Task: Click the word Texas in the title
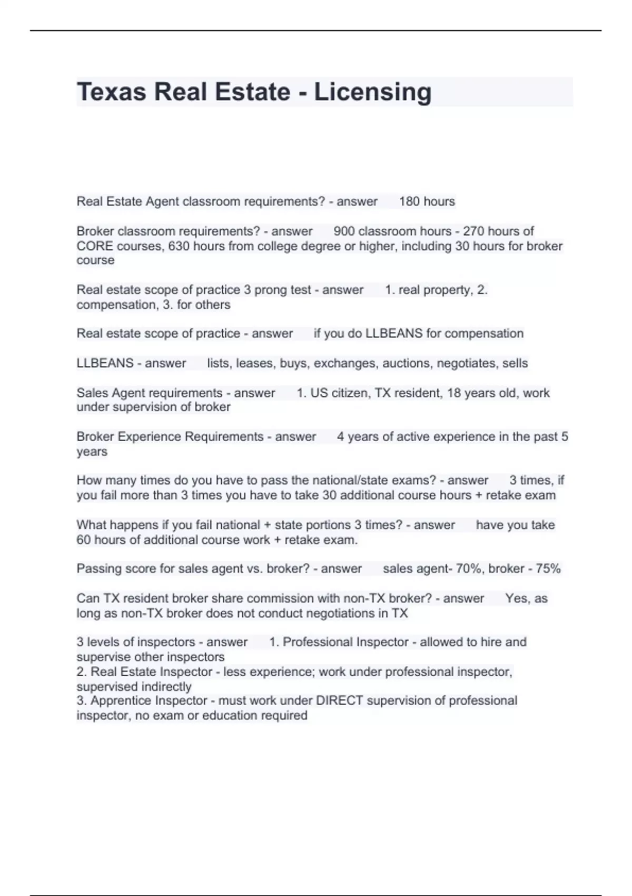(111, 92)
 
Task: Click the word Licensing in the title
(373, 92)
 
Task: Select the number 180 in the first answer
(409, 201)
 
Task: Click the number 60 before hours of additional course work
(84, 540)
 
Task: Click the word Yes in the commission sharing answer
(517, 599)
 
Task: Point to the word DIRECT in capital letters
(339, 700)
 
